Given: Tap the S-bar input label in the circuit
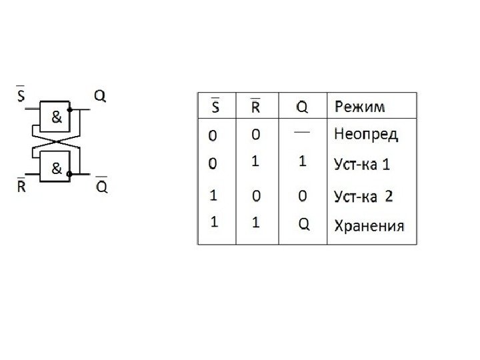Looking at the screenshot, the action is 21,95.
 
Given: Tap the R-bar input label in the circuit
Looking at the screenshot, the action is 21,185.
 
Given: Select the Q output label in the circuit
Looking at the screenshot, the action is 98,95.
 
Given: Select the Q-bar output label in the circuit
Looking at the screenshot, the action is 101,185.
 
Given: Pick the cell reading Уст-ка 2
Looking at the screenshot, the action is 363,196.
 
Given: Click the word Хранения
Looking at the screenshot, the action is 368,225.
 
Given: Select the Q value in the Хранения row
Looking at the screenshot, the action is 303,225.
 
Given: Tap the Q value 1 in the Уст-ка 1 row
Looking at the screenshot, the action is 303,162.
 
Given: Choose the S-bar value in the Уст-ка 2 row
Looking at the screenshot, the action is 213,196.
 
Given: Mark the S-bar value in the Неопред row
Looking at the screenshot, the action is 213,135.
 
